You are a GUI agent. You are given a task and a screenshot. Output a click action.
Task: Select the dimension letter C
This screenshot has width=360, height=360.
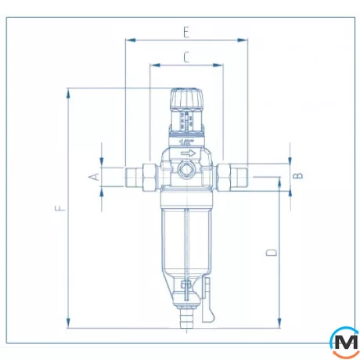[185, 56]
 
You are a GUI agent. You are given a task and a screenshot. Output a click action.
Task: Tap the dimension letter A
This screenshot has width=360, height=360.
[93, 176]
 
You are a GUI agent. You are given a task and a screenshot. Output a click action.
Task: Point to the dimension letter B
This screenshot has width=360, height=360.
[297, 176]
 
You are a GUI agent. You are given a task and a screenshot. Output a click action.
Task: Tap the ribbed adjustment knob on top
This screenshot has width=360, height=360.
[185, 101]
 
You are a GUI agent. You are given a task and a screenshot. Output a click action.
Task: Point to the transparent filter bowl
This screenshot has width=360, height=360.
[185, 235]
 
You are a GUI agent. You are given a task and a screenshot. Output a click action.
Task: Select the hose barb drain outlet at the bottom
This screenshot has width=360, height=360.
[185, 321]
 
